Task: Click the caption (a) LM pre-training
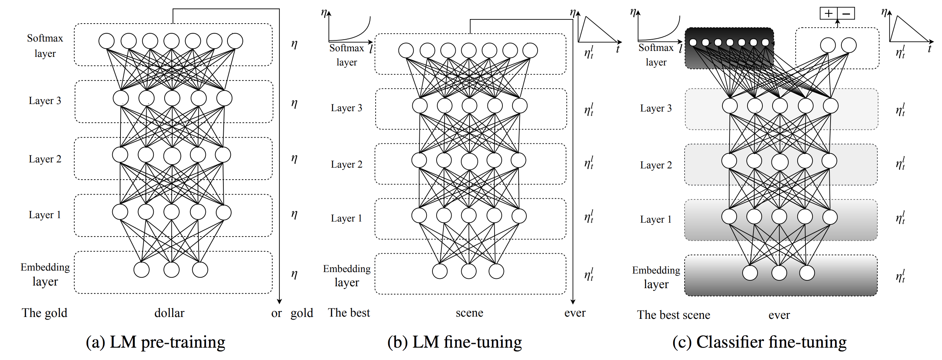click(156, 342)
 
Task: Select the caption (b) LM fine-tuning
click(455, 342)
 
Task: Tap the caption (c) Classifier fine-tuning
click(759, 342)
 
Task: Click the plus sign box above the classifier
click(829, 14)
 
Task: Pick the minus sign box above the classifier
click(846, 14)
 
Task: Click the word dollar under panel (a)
click(169, 313)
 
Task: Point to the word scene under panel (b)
click(470, 313)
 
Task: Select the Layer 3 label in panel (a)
click(45, 101)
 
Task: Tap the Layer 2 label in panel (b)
click(346, 164)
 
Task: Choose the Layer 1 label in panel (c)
click(656, 219)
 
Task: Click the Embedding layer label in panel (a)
click(45, 274)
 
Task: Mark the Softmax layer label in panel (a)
click(45, 46)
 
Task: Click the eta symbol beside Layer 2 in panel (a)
click(294, 158)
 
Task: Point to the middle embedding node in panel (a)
click(171, 269)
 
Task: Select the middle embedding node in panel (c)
click(779, 273)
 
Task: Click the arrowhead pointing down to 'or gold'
click(279, 301)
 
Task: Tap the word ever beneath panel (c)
click(779, 315)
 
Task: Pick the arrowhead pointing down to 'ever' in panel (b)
click(573, 301)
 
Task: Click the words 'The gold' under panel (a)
click(45, 313)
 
